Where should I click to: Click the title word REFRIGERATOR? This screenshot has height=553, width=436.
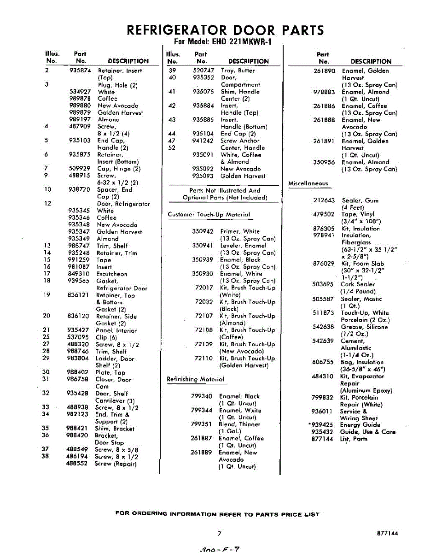[x=176, y=30]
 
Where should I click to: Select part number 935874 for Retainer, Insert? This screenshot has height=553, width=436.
[x=80, y=71]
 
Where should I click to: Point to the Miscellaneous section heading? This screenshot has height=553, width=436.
[x=308, y=183]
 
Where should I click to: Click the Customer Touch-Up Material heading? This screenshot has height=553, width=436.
[x=209, y=214]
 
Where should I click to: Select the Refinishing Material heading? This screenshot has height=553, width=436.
[x=196, y=379]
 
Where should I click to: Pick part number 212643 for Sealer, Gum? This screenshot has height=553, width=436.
[x=323, y=200]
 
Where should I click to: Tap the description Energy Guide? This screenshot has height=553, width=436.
[x=360, y=425]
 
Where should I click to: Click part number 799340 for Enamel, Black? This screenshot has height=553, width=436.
[x=202, y=396]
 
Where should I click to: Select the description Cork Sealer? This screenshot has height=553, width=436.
[x=358, y=284]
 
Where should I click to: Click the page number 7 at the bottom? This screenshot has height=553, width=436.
[x=220, y=533]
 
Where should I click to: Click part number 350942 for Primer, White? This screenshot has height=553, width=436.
[x=203, y=231]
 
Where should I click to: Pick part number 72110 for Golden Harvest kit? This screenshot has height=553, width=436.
[x=204, y=358]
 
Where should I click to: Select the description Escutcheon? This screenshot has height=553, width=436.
[x=112, y=274]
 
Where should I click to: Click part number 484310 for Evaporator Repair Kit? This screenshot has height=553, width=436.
[x=322, y=376]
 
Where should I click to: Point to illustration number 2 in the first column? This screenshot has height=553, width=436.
[x=47, y=71]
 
